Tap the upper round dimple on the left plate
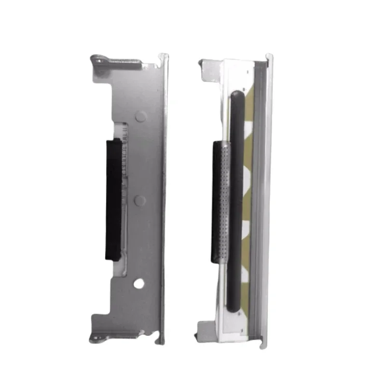point(140,116)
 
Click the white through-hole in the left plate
point(139,284)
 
